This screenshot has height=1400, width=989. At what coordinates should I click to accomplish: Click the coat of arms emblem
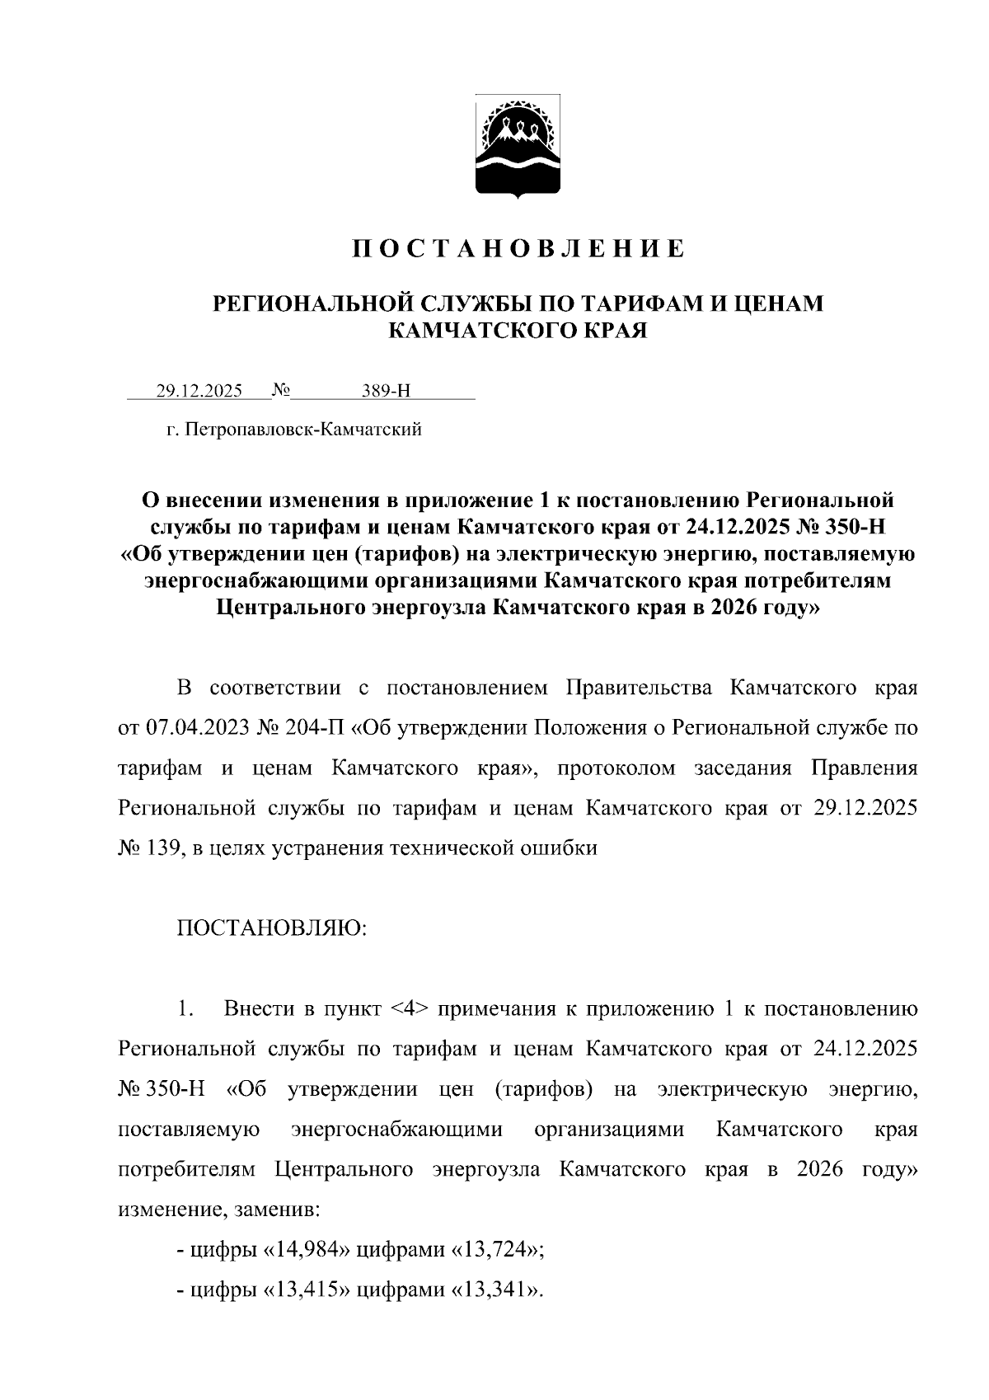518,147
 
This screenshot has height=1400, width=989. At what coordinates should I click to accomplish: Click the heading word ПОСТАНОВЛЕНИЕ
518,248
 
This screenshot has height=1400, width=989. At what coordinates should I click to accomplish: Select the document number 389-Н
386,391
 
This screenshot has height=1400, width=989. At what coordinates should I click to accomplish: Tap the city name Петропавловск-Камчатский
304,430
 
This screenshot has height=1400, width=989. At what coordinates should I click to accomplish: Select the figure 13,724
497,1250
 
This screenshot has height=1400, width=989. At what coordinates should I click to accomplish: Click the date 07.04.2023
187,728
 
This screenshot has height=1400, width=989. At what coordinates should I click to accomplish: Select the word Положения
596,728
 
